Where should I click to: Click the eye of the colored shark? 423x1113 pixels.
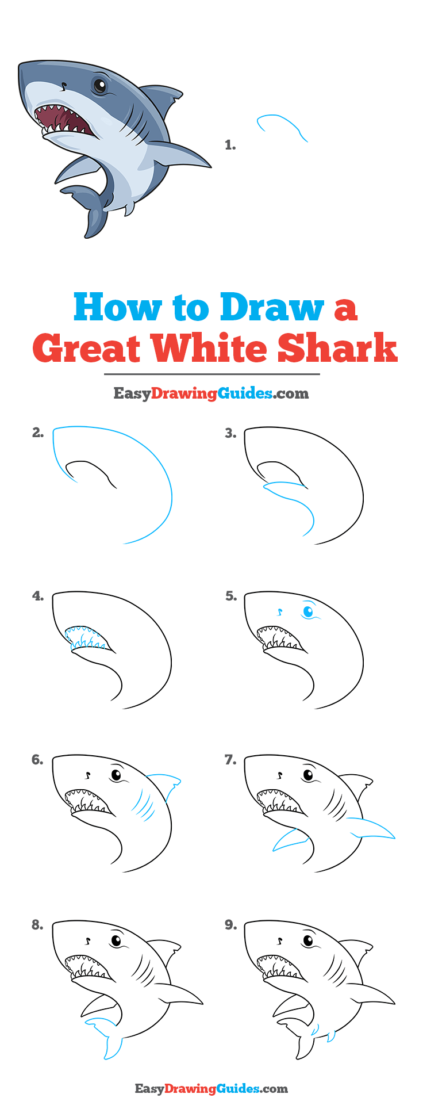tap(100, 86)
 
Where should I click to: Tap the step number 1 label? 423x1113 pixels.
tap(230, 145)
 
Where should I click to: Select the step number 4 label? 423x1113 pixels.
tap(38, 596)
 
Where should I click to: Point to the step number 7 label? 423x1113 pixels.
tap(230, 760)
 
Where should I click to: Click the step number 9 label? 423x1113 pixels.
tap(230, 924)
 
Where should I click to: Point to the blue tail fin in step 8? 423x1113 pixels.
tap(107, 1036)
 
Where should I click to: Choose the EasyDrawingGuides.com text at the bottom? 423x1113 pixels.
tap(211, 1088)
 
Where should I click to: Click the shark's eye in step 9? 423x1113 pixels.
tap(309, 941)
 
